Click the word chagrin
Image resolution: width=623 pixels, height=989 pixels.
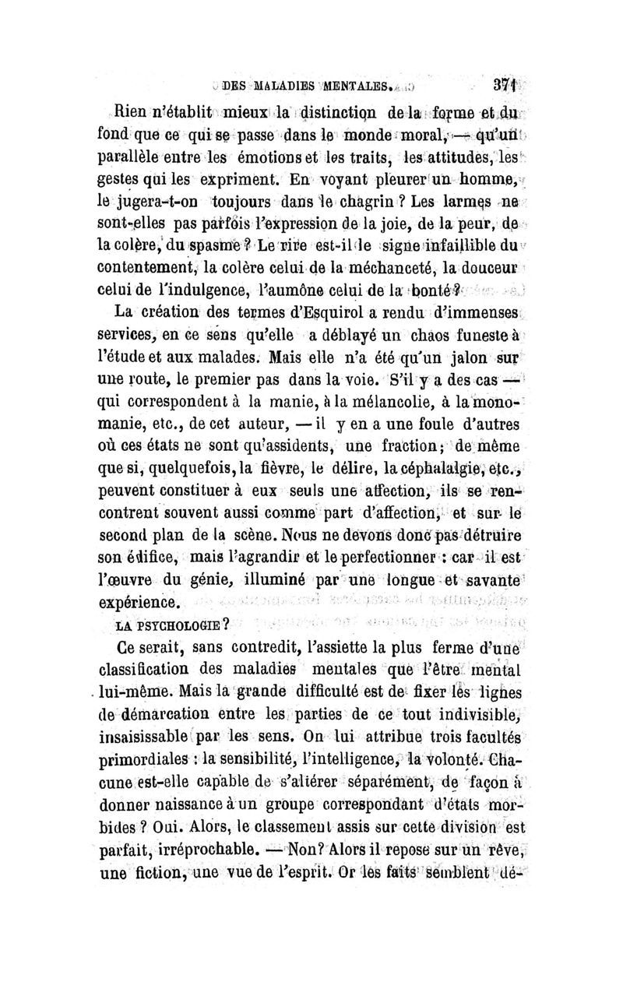coord(298,209)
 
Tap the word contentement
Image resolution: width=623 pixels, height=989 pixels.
coord(150,272)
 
